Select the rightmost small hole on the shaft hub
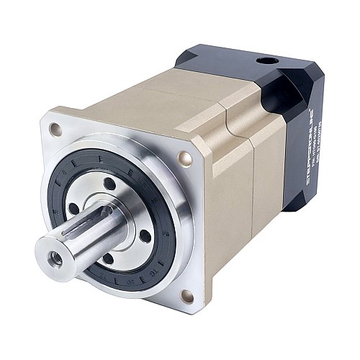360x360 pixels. coord(145,235)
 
